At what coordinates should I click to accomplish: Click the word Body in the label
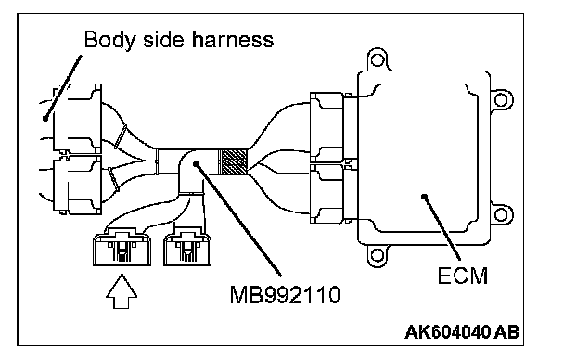pyautogui.click(x=110, y=40)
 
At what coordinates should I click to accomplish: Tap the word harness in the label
pyautogui.click(x=233, y=39)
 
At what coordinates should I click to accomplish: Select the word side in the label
pyautogui.click(x=164, y=39)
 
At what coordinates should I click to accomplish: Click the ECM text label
pyautogui.click(x=463, y=276)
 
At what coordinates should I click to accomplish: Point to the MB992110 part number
pyautogui.click(x=285, y=295)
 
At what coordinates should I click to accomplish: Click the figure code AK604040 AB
pyautogui.click(x=462, y=332)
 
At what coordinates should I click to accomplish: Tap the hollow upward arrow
pyautogui.click(x=122, y=291)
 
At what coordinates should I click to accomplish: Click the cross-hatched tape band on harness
pyautogui.click(x=233, y=162)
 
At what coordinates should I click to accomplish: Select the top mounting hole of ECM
pyautogui.click(x=377, y=59)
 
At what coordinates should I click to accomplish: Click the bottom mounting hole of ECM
pyautogui.click(x=377, y=256)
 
